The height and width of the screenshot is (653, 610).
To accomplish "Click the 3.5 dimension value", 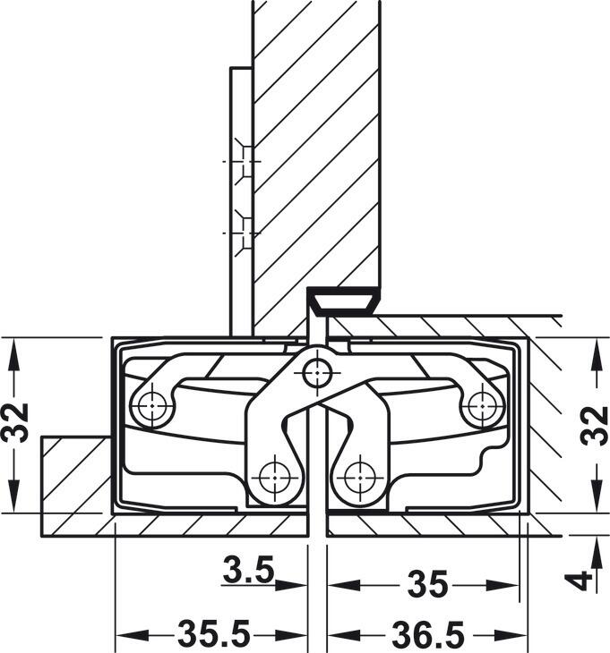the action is click(248, 570).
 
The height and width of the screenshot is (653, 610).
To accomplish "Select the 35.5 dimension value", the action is click(214, 635).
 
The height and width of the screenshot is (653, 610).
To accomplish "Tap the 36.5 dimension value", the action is click(428, 635).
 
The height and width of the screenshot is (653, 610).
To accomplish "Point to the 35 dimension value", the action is click(427, 584).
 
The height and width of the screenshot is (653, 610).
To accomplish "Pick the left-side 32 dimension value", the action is click(16, 422).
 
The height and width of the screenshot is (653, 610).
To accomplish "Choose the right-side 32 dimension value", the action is click(596, 425).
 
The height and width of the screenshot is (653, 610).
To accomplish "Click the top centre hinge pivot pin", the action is click(317, 373).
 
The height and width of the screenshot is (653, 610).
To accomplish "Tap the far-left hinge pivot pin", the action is click(152, 405).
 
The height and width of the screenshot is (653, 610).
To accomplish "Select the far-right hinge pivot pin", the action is click(483, 405).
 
